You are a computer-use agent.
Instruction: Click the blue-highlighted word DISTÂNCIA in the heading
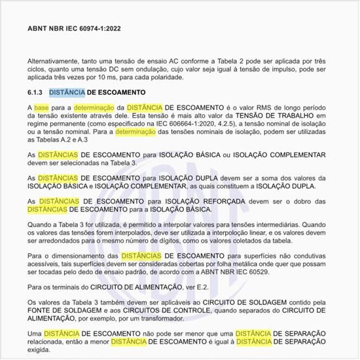76,92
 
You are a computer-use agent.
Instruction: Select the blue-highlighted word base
42,107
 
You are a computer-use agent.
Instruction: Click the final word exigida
41,350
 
